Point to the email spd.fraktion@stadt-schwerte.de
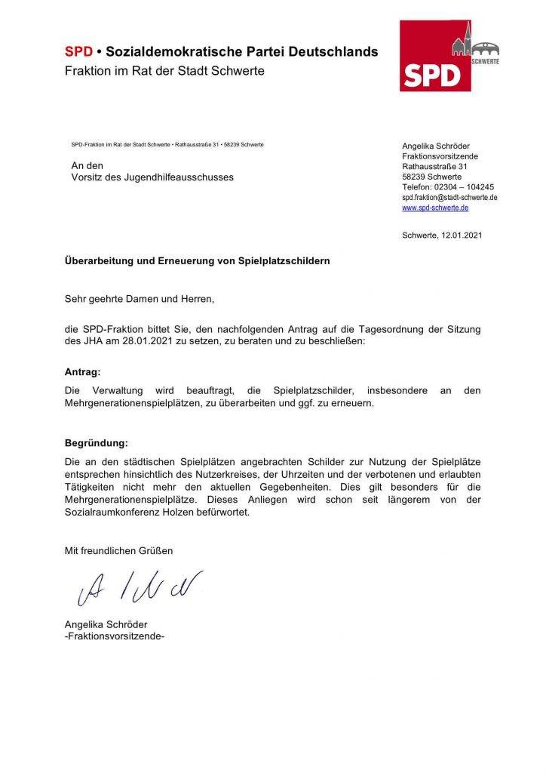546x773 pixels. click(449, 197)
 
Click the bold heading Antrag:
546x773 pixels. click(82, 372)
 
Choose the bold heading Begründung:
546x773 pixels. click(97, 442)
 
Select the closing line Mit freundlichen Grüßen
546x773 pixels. click(118, 551)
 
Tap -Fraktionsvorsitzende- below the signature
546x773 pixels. click(114, 636)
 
